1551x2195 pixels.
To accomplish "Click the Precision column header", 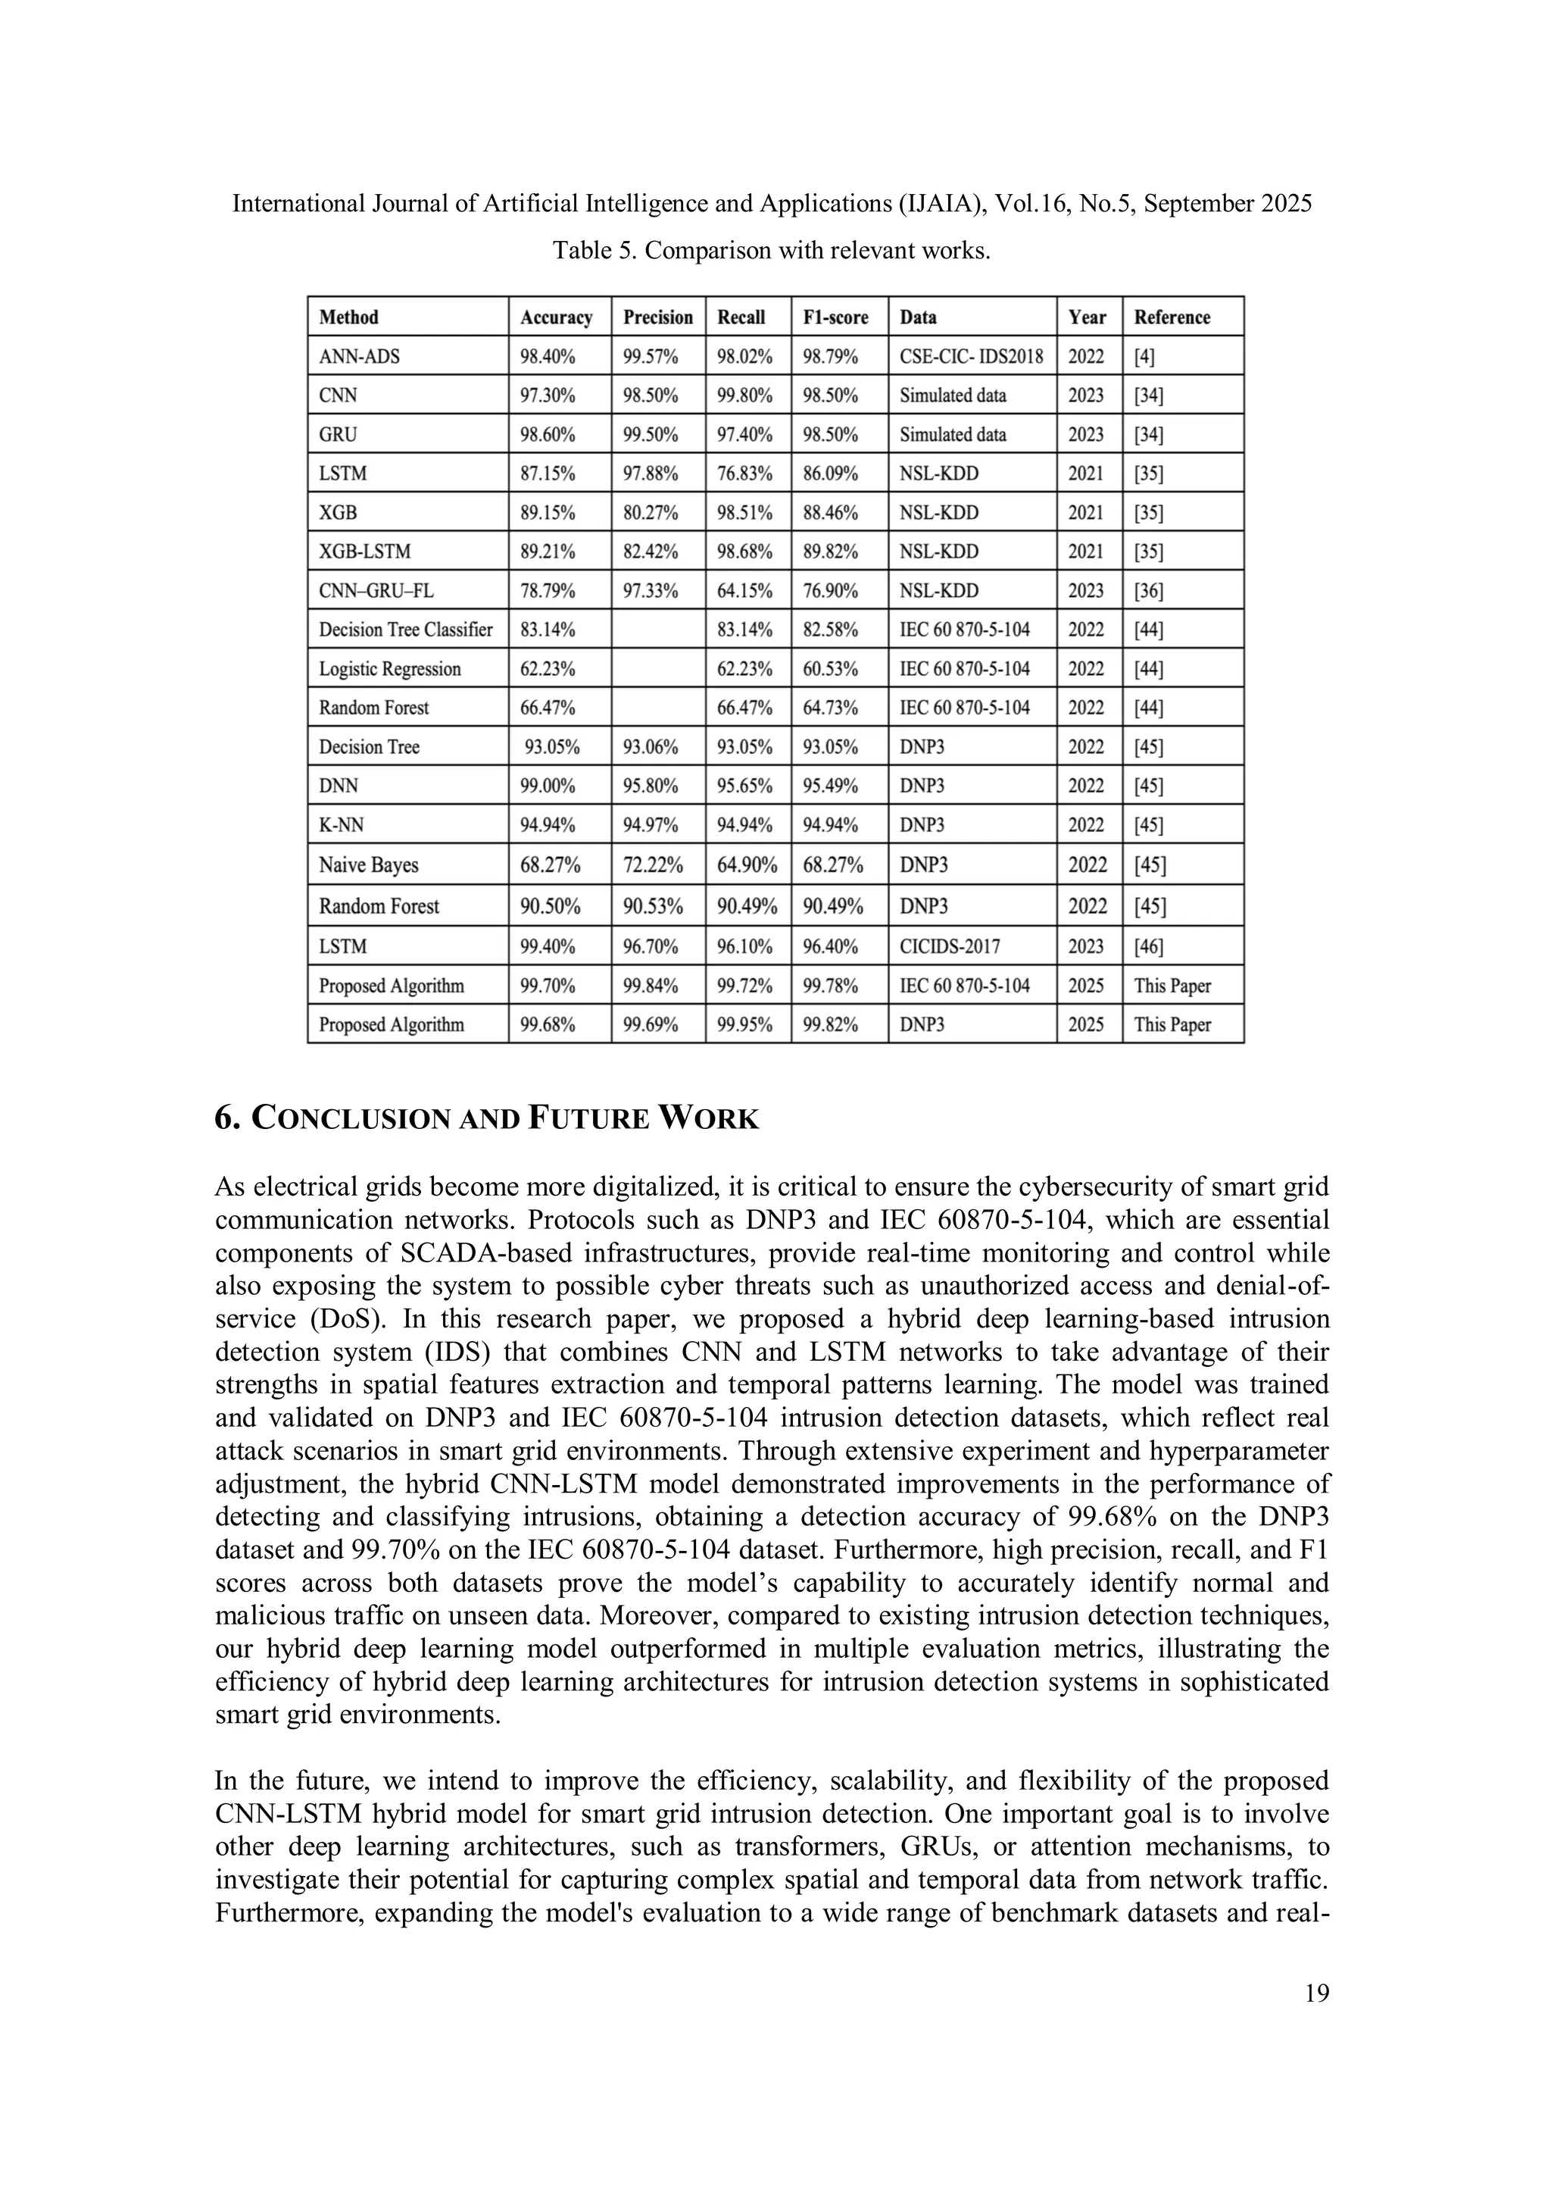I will tap(657, 317).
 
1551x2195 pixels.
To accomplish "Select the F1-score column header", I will tap(835, 317).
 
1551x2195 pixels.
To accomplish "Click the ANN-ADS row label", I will tap(359, 357).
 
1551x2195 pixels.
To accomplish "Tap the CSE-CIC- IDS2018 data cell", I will tap(971, 357).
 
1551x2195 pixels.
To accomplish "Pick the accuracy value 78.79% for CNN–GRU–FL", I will tap(548, 591).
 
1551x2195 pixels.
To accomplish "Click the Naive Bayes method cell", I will tap(369, 865).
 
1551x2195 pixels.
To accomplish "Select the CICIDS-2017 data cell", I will tap(950, 946).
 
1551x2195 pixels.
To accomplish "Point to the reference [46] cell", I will tap(1150, 946).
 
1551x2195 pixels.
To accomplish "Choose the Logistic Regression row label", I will tap(390, 669).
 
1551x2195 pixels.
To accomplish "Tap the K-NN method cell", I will tap(341, 825).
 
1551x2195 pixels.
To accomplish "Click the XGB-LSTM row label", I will tap(365, 552).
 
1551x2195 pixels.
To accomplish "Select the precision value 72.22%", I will tap(653, 865).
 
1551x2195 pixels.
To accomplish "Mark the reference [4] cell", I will tap(1145, 357).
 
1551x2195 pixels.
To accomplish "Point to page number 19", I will tap(1316, 1993).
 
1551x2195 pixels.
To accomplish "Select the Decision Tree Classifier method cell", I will tap(406, 630).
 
